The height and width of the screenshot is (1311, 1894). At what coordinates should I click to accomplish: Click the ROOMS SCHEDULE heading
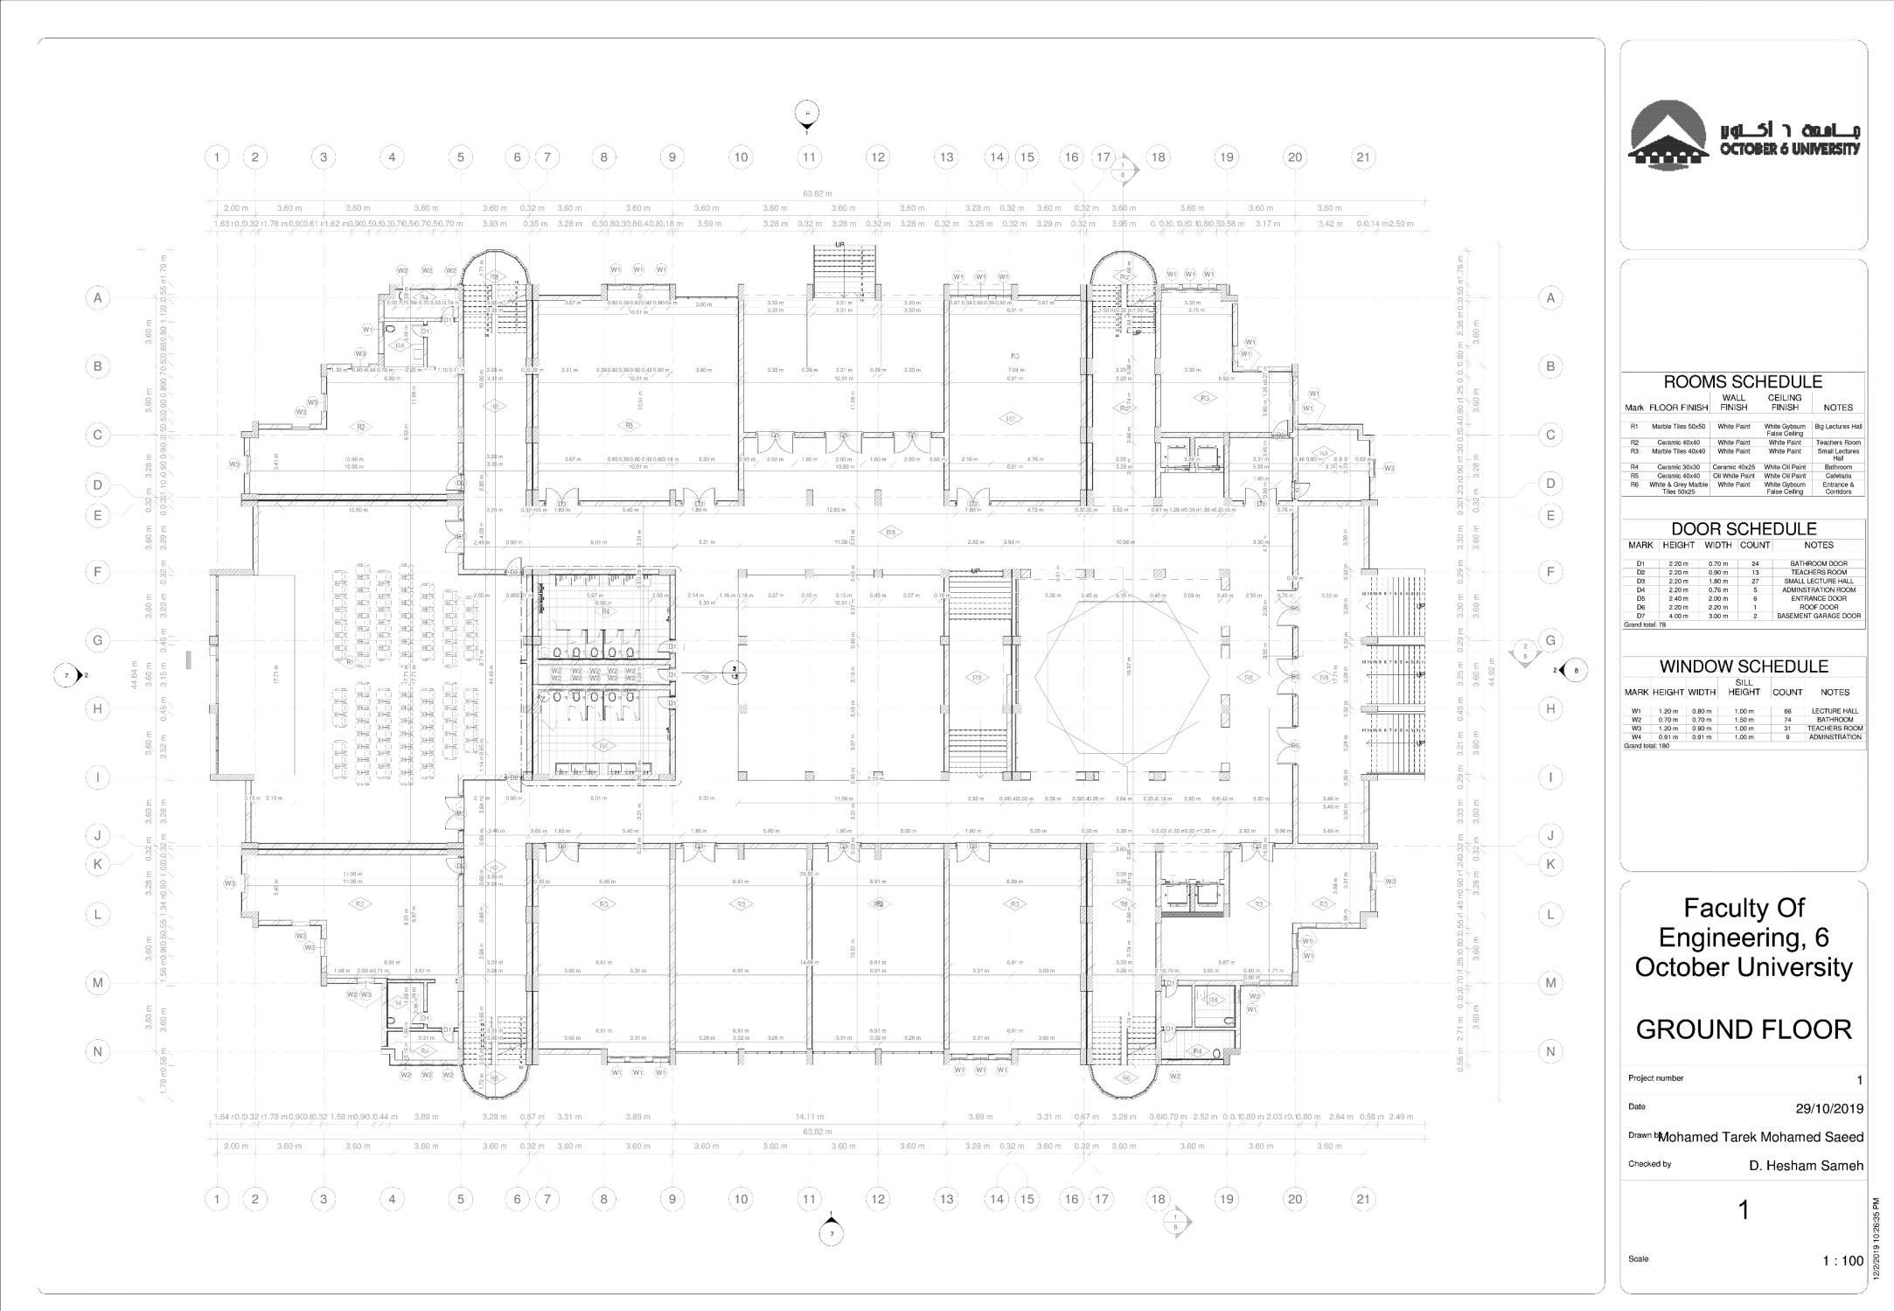[x=1742, y=382]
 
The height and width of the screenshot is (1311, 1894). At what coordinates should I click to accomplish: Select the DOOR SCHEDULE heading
[x=1743, y=529]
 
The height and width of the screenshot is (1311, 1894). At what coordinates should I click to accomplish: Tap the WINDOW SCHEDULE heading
[x=1744, y=666]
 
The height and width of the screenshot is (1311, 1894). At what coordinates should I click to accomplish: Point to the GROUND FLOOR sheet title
[x=1743, y=1029]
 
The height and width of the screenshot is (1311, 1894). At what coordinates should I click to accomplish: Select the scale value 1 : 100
[x=1842, y=1260]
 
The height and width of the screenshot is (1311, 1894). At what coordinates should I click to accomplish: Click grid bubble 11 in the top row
[x=809, y=157]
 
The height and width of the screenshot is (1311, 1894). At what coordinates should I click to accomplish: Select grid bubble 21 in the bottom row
[x=1362, y=1199]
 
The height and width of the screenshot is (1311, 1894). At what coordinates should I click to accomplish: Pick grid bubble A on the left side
[x=97, y=298]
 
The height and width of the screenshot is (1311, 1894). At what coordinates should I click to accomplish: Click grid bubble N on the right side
[x=1550, y=1051]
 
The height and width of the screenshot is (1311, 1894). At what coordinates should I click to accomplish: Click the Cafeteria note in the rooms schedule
[x=1838, y=476]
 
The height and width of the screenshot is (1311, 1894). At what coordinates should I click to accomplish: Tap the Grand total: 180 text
[x=1647, y=746]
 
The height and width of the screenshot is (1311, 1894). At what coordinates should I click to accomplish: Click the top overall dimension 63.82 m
[x=817, y=194]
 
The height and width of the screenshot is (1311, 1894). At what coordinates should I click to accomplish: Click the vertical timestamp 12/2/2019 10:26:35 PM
[x=1877, y=1239]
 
